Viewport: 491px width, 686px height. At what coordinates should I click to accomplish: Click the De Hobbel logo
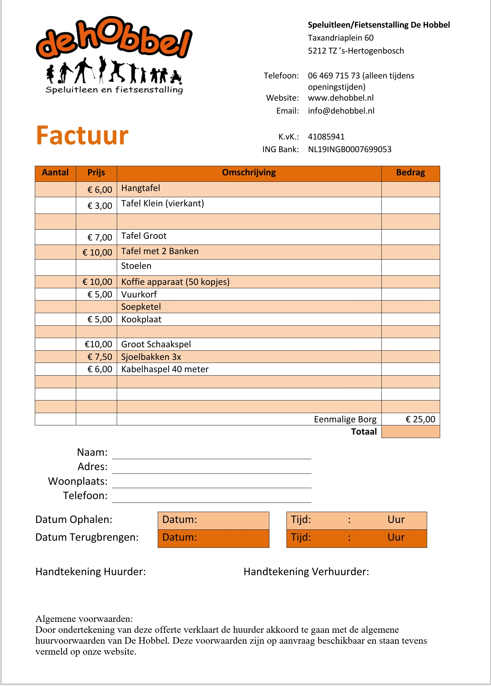coord(114,55)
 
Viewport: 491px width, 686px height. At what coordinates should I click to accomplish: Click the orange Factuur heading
coord(82,136)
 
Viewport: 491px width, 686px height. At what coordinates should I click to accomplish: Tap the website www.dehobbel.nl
coord(341,98)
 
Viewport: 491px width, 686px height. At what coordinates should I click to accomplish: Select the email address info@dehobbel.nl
coord(341,111)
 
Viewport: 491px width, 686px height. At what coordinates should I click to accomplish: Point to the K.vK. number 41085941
coord(326,137)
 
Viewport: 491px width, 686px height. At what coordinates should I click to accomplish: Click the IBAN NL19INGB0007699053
coord(350,149)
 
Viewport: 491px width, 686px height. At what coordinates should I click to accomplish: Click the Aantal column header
coord(55,173)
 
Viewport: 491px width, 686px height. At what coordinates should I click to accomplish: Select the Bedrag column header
coord(410,173)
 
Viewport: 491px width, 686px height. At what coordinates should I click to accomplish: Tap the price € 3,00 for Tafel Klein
coord(100,206)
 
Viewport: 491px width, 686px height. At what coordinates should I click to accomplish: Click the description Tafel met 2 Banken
coord(160,251)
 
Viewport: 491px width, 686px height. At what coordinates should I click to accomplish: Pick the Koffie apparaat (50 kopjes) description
coord(175,282)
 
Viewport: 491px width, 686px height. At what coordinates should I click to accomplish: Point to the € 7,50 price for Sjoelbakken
coord(100,357)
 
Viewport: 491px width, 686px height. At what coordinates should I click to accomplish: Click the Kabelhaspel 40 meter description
coord(165,369)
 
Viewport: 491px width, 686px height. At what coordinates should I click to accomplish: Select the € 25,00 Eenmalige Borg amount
coord(420,419)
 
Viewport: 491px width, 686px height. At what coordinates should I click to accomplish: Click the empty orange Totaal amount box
coord(410,432)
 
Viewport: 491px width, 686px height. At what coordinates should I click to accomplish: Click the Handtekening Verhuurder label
coord(306,572)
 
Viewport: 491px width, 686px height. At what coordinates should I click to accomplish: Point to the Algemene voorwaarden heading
coord(84,619)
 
